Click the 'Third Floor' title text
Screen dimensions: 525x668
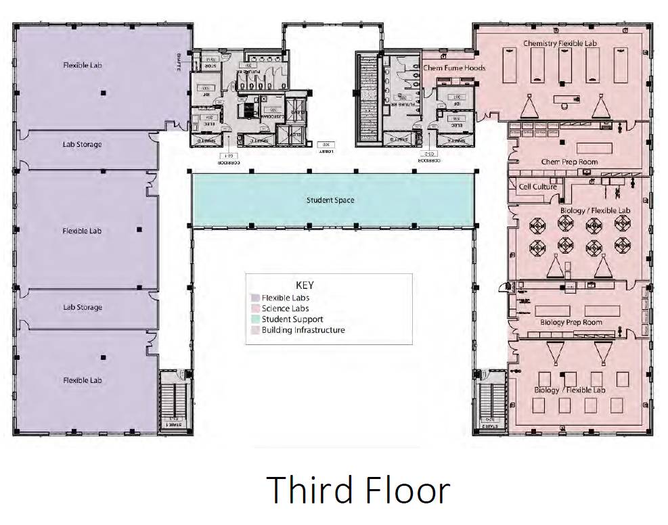point(357,490)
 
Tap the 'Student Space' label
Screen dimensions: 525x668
point(330,200)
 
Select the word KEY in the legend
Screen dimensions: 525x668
point(305,285)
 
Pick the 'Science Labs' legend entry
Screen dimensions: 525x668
point(286,309)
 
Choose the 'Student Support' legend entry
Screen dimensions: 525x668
point(292,319)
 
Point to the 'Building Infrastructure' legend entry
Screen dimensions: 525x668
point(303,330)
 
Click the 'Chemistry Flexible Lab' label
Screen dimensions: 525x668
point(560,43)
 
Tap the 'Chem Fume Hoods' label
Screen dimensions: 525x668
point(454,68)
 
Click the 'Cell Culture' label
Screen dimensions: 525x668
point(537,187)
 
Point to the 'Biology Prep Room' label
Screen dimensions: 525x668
point(571,323)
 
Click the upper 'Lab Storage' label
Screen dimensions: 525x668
point(83,145)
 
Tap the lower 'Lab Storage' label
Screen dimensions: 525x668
point(83,307)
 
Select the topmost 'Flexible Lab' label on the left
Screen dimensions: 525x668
point(82,66)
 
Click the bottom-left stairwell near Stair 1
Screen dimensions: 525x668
point(175,399)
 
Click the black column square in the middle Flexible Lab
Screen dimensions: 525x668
point(139,230)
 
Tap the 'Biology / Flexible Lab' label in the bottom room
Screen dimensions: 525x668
point(569,390)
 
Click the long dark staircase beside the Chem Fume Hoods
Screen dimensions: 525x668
point(368,98)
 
